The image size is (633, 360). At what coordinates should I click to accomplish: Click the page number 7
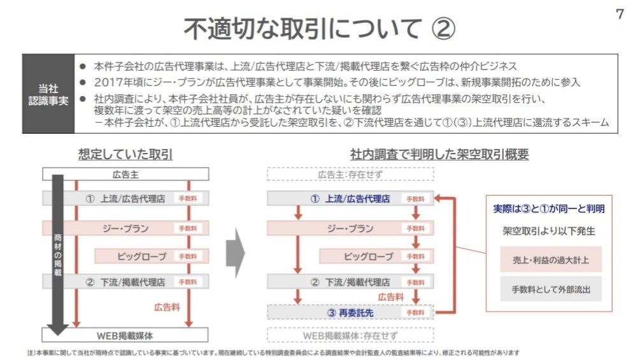pos(620,15)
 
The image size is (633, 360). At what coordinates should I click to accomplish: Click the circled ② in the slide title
pos(443,29)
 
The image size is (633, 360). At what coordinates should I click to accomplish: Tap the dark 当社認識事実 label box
pos(48,94)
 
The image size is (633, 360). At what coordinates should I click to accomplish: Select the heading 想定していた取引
pos(125,154)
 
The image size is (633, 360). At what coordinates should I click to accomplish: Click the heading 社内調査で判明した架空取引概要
pos(439,154)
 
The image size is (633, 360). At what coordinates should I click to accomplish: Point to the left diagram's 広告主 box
pos(125,174)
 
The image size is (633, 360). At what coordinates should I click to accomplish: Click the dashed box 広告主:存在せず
pos(350,174)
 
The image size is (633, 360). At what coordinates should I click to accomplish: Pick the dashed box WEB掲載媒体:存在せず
pos(350,335)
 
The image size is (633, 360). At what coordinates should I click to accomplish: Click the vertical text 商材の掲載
pos(58,255)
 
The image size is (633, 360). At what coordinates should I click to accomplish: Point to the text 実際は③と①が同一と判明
pos(549,208)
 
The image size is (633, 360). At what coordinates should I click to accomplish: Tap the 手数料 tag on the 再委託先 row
pos(415,313)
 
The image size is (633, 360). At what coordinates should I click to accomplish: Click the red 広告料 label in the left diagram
pos(167,306)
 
